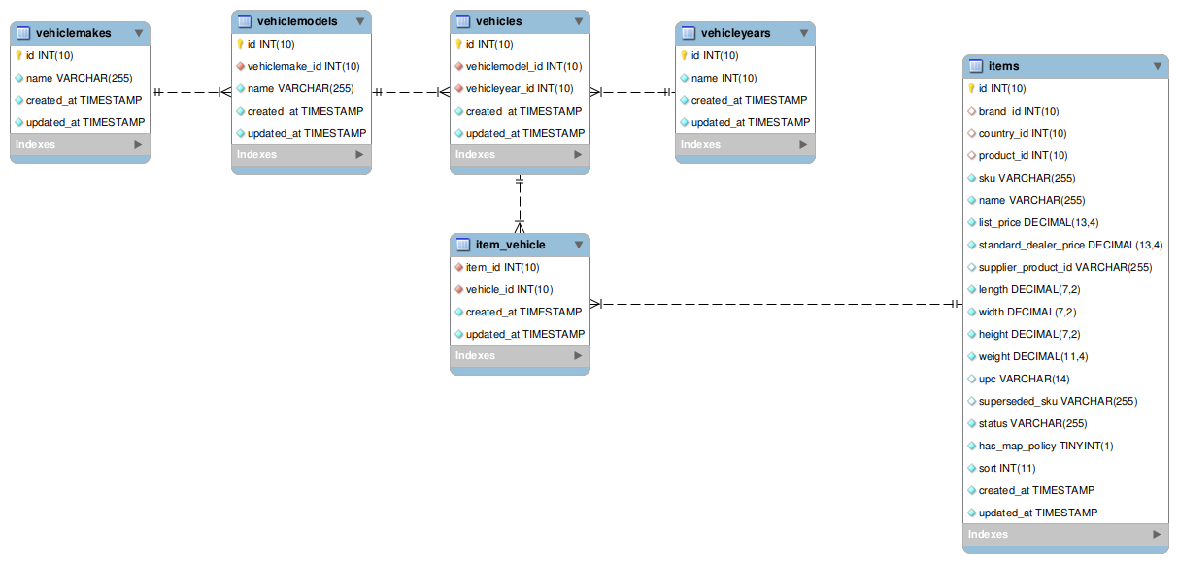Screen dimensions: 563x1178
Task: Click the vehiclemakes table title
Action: pyautogui.click(x=73, y=33)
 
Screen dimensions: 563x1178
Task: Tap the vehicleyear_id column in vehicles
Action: pyautogui.click(x=519, y=88)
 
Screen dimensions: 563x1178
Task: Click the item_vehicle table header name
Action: pyautogui.click(x=510, y=245)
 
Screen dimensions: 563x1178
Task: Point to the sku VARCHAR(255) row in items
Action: pyautogui.click(x=1027, y=178)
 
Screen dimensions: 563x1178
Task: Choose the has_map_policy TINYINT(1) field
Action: pyautogui.click(x=1046, y=446)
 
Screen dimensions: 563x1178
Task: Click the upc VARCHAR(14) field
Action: pyautogui.click(x=1024, y=379)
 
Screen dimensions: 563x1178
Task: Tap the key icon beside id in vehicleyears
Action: pyautogui.click(x=684, y=55)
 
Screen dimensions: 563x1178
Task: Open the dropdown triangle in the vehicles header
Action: pyautogui.click(x=579, y=21)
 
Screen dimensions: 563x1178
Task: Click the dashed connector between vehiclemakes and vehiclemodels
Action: pyautogui.click(x=190, y=92)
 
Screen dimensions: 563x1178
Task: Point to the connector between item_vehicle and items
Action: pyautogui.click(x=777, y=304)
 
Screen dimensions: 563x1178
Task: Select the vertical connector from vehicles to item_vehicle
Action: pyautogui.click(x=520, y=204)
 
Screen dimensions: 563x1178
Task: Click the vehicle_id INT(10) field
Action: pyautogui.click(x=509, y=289)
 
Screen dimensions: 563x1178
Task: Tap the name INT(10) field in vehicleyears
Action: pyautogui.click(x=724, y=78)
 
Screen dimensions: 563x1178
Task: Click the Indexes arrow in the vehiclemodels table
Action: pyautogui.click(x=359, y=154)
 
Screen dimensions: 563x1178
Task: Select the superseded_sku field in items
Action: pyautogui.click(x=1058, y=401)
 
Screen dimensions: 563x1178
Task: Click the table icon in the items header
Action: pyautogui.click(x=976, y=66)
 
